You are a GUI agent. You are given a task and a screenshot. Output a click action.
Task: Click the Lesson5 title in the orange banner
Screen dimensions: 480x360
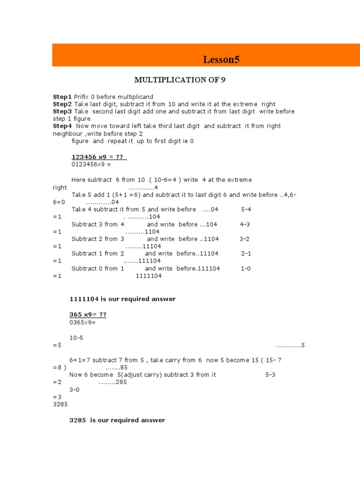click(x=221, y=60)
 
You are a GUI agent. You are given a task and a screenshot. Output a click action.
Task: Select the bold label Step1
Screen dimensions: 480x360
click(x=62, y=97)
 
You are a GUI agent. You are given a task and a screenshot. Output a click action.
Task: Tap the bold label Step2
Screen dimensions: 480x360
click(x=62, y=104)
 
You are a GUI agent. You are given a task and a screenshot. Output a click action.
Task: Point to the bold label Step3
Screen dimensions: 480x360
click(x=62, y=112)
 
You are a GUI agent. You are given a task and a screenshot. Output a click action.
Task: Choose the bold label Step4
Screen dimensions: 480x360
click(x=62, y=126)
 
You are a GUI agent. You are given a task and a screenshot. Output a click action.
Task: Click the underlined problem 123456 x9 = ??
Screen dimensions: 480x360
click(x=99, y=157)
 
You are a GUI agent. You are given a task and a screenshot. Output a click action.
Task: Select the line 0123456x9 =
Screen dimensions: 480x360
click(x=92, y=165)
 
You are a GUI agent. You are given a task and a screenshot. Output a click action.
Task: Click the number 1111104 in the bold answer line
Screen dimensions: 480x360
click(x=84, y=299)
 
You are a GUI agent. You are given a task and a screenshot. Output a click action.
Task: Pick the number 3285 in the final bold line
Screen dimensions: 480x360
click(x=78, y=420)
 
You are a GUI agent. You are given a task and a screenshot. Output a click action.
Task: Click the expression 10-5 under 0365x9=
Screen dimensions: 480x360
click(x=76, y=337)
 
